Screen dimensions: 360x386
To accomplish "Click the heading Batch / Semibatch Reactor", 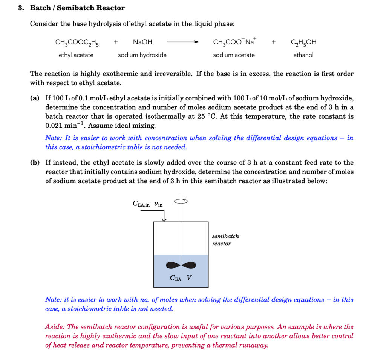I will click(77, 8).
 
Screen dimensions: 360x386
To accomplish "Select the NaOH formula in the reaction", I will click(142, 42).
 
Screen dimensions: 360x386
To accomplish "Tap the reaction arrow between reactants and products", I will click(183, 43).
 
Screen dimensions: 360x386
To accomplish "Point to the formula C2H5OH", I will click(303, 43).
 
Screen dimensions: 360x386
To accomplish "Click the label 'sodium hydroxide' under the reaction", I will click(142, 55).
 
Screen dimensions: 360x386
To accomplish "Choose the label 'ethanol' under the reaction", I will click(303, 55).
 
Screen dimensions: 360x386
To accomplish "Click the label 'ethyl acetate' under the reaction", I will click(76, 55).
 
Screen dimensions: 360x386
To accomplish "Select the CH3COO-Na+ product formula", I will click(234, 42).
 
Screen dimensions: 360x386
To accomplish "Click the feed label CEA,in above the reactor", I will click(141, 204).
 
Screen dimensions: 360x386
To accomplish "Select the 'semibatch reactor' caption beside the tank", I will click(225, 240).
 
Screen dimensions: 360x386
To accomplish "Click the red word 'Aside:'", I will click(55, 327).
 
